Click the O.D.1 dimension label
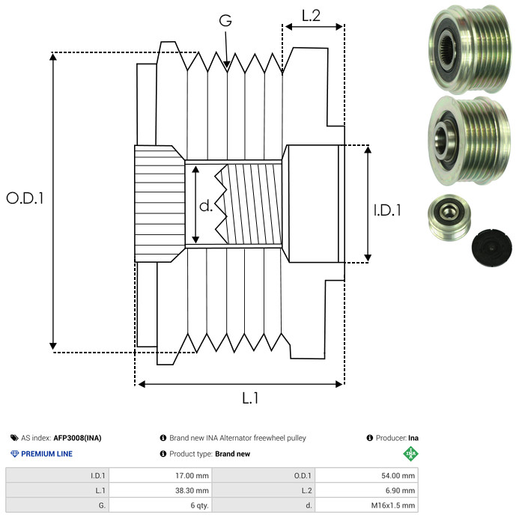point(25,198)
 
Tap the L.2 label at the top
point(312,16)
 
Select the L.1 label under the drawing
point(250,399)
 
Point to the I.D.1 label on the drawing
point(387,211)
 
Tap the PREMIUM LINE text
point(46,454)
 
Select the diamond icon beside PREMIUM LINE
point(14,454)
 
